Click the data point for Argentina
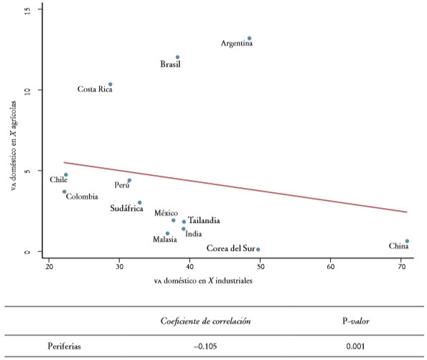tap(249, 38)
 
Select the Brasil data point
tap(177, 57)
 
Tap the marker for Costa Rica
tap(110, 84)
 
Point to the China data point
tap(407, 241)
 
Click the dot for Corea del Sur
tap(258, 250)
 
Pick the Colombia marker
tap(65, 191)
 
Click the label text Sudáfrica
tap(126, 209)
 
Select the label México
tap(166, 214)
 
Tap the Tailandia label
tap(204, 221)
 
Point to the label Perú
tap(122, 185)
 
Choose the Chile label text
tap(58, 180)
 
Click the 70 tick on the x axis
tap(401, 267)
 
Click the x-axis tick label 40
tap(189, 267)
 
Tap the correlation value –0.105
tap(205, 346)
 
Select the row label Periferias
tap(64, 346)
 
